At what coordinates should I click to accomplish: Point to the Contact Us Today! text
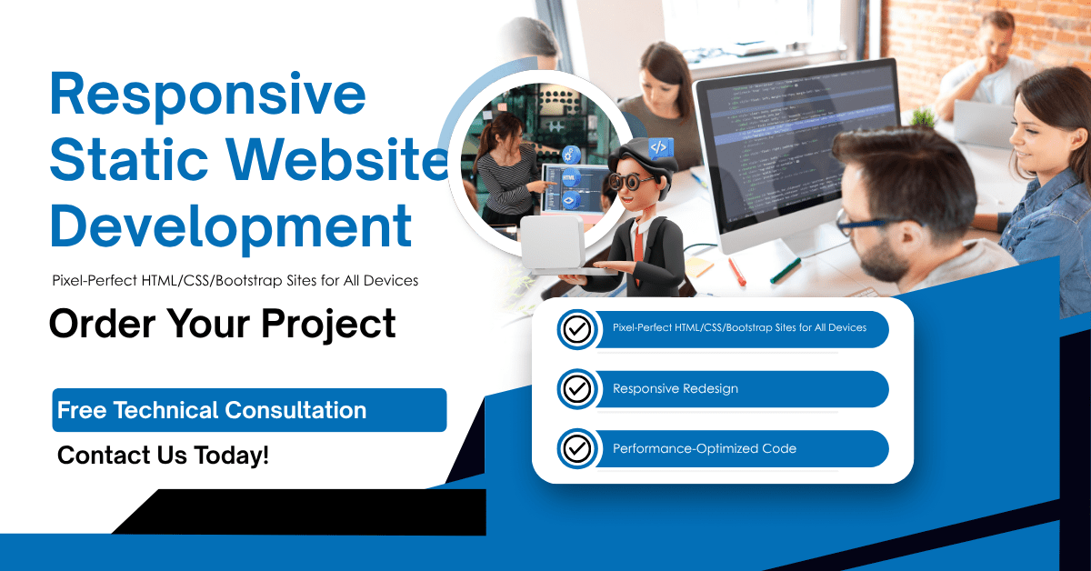pyautogui.click(x=163, y=455)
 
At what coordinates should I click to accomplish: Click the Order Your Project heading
pyautogui.click(x=223, y=324)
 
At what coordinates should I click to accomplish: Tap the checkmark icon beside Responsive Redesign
pyautogui.click(x=576, y=389)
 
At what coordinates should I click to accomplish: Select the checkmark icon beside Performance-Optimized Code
pyautogui.click(x=576, y=448)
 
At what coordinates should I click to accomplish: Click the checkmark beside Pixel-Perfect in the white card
pyautogui.click(x=576, y=329)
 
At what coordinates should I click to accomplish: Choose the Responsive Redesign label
pyautogui.click(x=675, y=389)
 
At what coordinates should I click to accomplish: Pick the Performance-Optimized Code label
pyautogui.click(x=704, y=448)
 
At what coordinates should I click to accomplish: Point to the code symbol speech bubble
pyautogui.click(x=659, y=146)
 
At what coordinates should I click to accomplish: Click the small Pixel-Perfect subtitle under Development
pyautogui.click(x=235, y=280)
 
